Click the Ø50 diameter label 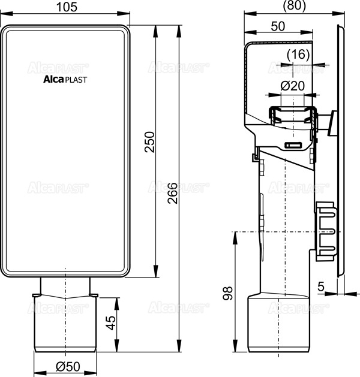67,366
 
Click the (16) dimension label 298,54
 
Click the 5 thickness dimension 322,287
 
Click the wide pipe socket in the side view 278,324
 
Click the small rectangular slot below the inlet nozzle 293,146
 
